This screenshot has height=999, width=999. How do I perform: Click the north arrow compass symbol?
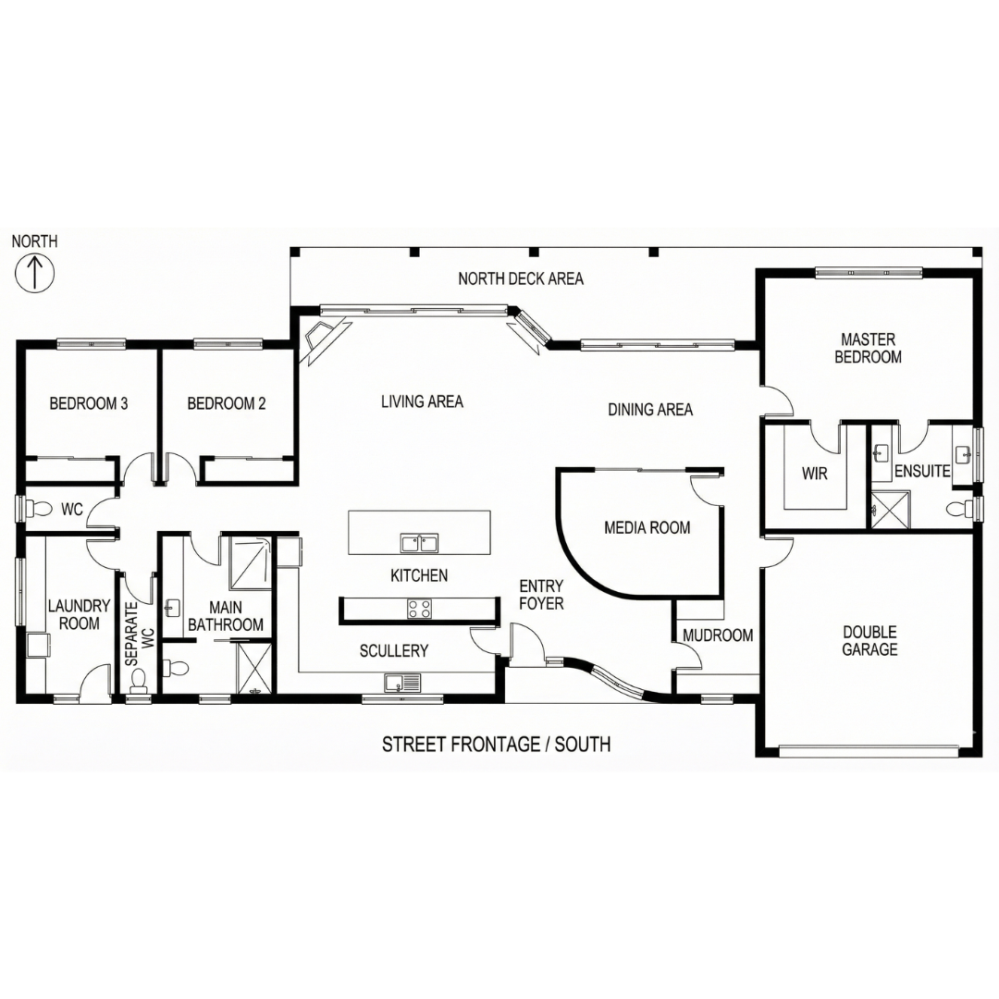pos(34,273)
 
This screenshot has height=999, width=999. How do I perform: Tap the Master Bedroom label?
pos(868,348)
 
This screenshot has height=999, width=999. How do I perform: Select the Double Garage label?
pos(869,640)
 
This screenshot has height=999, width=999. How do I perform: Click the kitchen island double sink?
pos(419,543)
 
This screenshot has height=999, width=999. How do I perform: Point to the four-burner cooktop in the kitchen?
pos(419,609)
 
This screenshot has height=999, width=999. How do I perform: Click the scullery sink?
pos(402,683)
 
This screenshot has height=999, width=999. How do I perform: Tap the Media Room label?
pos(647,527)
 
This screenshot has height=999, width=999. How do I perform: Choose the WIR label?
pos(814,474)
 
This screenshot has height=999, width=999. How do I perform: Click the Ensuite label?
pos(922,471)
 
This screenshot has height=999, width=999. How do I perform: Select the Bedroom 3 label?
pos(89,403)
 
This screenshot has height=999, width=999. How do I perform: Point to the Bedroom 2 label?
pos(227,403)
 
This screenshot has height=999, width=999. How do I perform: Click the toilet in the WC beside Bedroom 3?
pos(41,509)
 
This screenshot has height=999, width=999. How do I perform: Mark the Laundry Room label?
pos(79,614)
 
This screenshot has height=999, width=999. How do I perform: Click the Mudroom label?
pos(718,635)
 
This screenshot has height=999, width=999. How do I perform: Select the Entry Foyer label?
pos(541,595)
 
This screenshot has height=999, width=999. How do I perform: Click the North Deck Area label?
pos(521,278)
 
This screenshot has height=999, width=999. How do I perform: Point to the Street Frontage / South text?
pos(497,744)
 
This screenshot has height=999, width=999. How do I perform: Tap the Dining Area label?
pos(650,409)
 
